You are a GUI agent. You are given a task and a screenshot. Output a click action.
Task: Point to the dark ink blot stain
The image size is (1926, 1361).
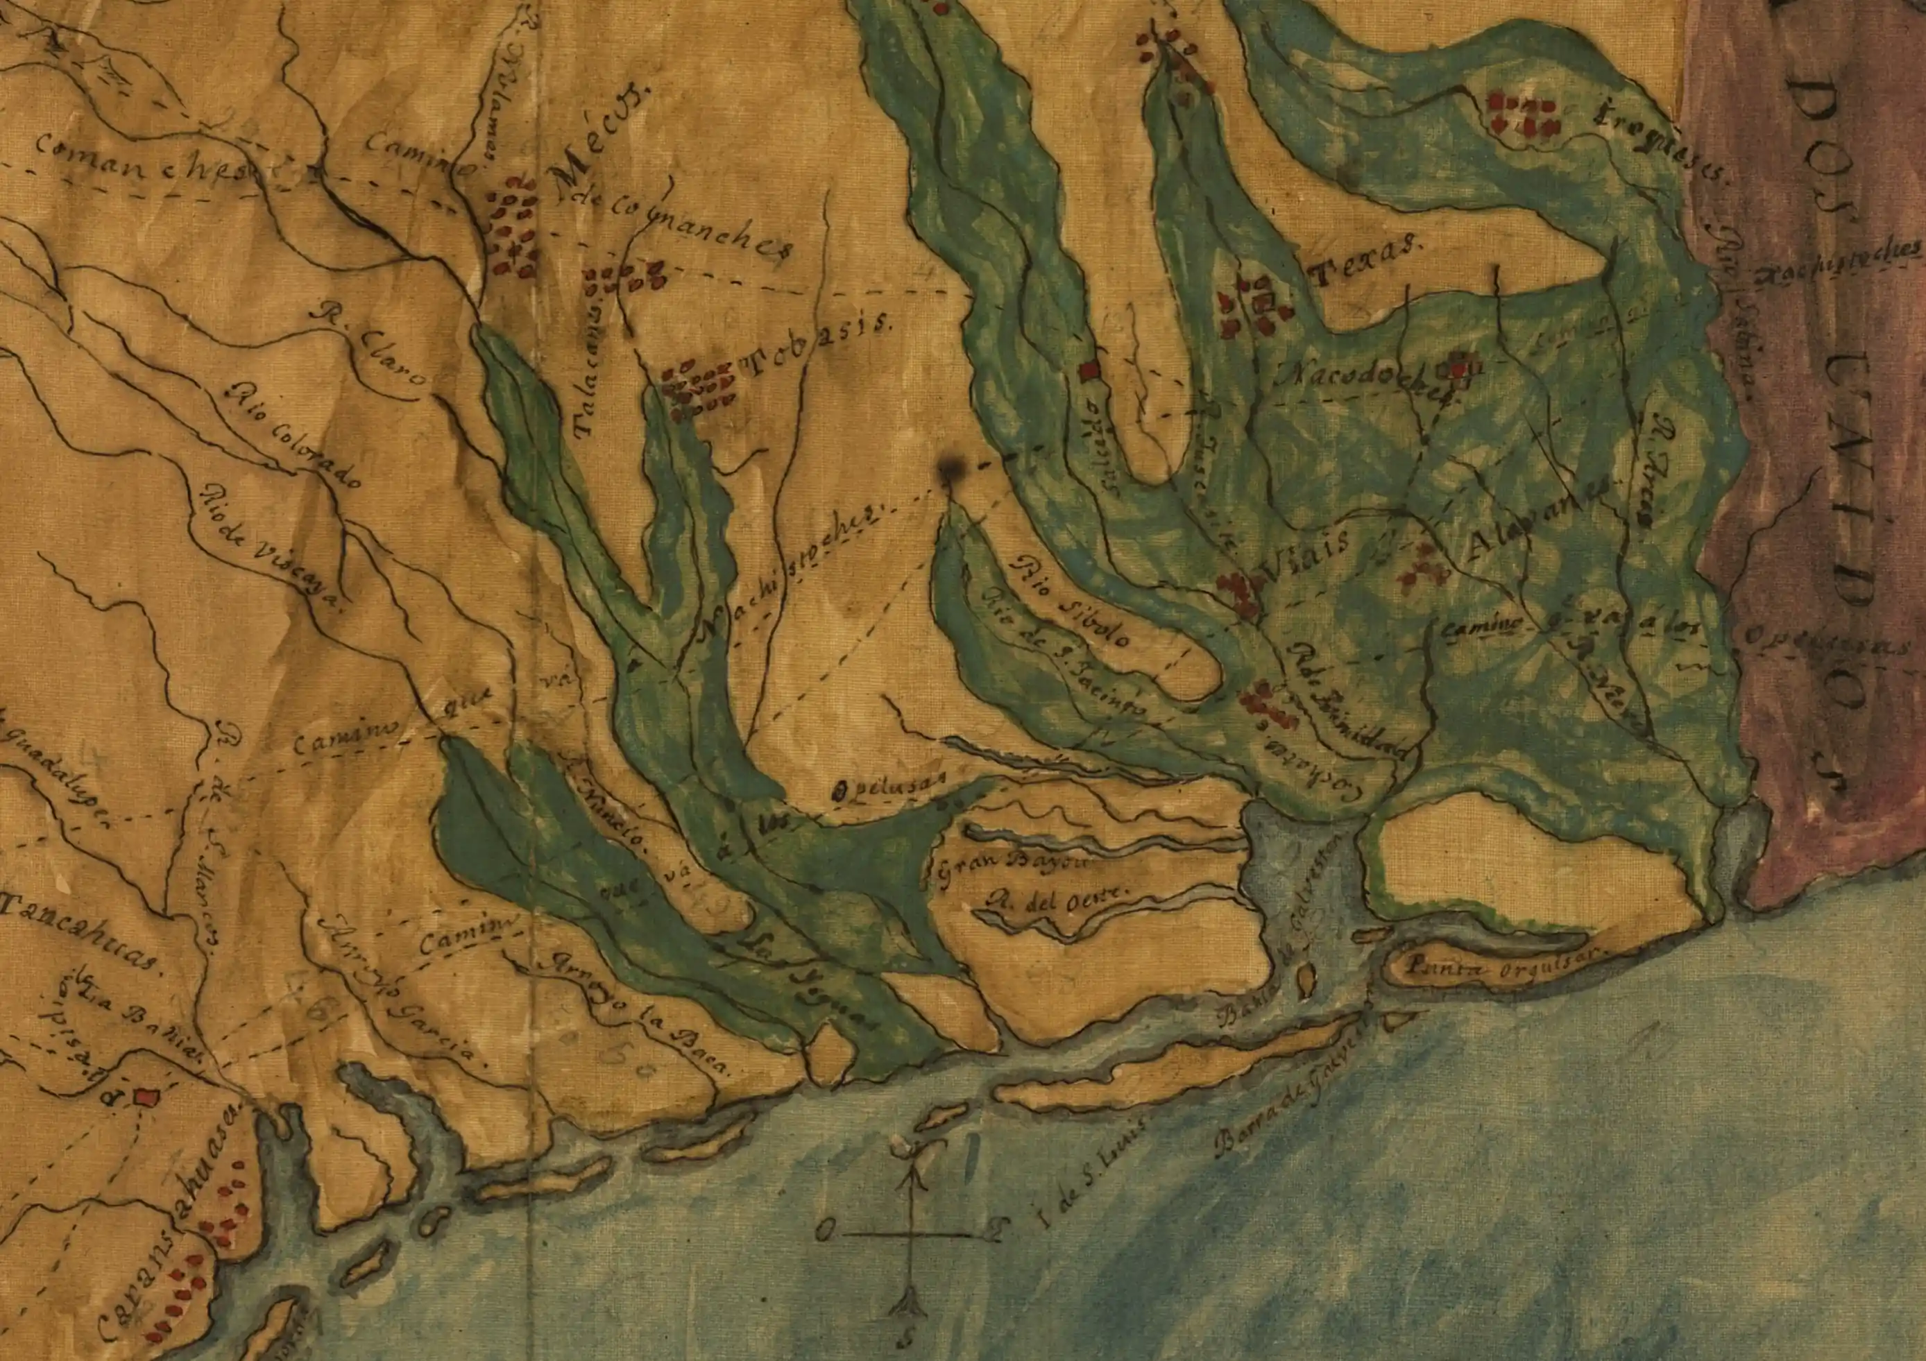[x=951, y=470]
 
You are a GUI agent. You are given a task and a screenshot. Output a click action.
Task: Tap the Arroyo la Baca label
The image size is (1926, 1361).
[x=638, y=1014]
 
